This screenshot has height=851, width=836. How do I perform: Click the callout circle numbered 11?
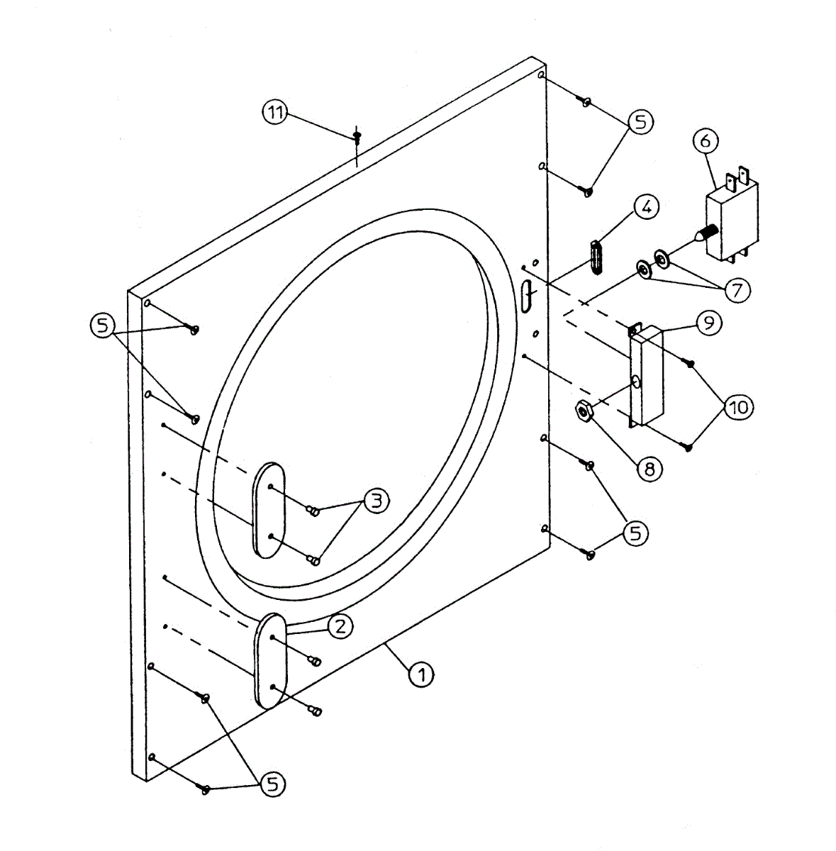276,112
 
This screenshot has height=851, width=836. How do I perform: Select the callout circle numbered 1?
421,674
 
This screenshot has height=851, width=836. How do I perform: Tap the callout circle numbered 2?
340,625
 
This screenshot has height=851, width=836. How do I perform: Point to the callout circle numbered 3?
376,501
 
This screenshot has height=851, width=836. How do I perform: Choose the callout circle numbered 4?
645,208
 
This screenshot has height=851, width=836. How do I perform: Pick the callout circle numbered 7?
737,289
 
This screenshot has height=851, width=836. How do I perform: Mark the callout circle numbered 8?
649,467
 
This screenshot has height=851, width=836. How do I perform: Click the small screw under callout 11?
357,134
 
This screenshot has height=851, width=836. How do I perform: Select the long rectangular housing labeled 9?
647,376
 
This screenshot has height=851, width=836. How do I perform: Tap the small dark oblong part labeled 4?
596,257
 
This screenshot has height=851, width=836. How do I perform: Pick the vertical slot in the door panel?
525,296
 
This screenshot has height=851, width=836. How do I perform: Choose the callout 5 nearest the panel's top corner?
640,122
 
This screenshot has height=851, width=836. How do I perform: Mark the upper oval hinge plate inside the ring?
269,509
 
